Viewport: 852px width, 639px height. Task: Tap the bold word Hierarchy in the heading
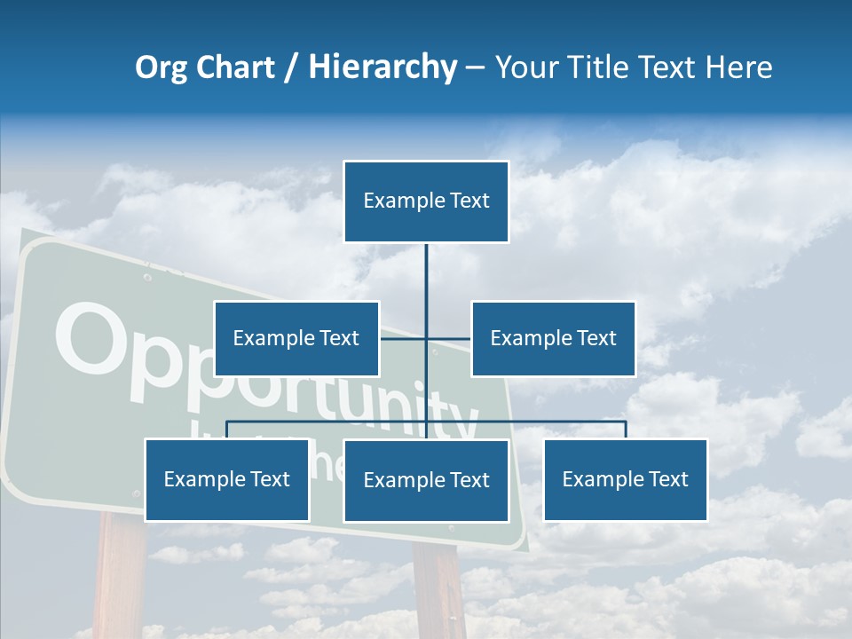(382, 67)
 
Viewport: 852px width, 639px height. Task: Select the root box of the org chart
(426, 201)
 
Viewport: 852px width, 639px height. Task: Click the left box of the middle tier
(296, 338)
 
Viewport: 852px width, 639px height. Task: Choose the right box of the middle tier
(553, 338)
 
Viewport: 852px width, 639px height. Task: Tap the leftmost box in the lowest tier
(226, 479)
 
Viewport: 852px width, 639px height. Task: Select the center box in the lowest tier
(426, 480)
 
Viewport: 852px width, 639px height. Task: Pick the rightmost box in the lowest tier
(625, 479)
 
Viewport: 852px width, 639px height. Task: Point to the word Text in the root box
(469, 201)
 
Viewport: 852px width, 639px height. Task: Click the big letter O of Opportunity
(89, 342)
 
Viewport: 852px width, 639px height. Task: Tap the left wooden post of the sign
(119, 577)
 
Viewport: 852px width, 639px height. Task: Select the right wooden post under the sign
(438, 590)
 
